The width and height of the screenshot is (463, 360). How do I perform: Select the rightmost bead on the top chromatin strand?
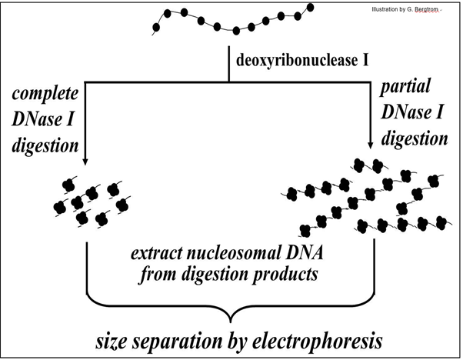(311, 8)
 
